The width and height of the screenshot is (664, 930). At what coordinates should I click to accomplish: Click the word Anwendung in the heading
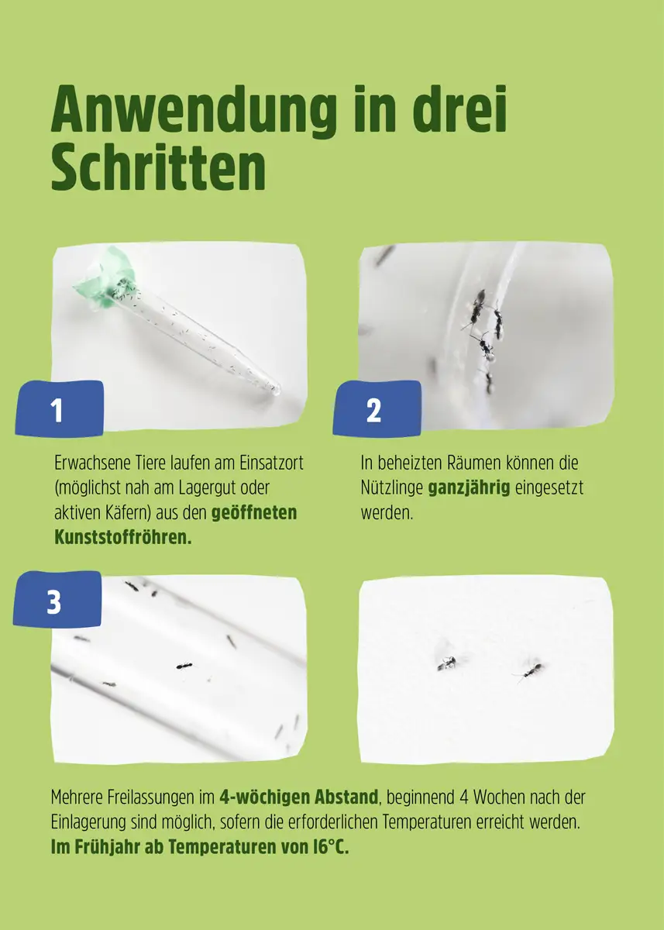click(194, 112)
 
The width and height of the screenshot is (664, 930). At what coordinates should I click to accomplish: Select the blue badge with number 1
click(59, 409)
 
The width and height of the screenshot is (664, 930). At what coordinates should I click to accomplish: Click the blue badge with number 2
click(376, 409)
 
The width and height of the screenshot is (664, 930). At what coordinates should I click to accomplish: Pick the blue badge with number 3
click(56, 600)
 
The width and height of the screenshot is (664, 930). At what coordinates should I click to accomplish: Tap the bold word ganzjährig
click(469, 489)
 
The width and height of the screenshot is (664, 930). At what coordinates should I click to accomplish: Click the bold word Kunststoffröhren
click(122, 538)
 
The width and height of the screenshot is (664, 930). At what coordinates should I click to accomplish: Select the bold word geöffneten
click(254, 513)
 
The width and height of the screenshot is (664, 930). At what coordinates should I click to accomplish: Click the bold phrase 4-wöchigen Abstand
click(298, 797)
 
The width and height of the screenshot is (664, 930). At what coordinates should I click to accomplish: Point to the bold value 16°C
click(329, 846)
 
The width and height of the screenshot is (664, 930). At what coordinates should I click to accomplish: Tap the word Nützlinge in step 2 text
click(391, 489)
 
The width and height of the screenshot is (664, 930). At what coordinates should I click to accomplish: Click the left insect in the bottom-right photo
click(447, 663)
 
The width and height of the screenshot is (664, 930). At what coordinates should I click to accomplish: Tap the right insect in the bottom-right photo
click(531, 670)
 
